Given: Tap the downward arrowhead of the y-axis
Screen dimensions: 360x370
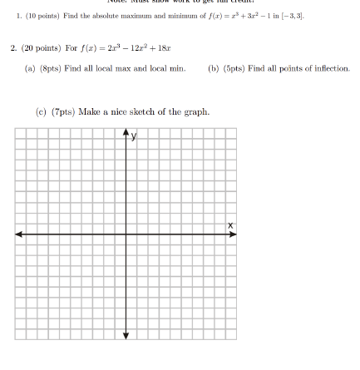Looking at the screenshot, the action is (x=126, y=359).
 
